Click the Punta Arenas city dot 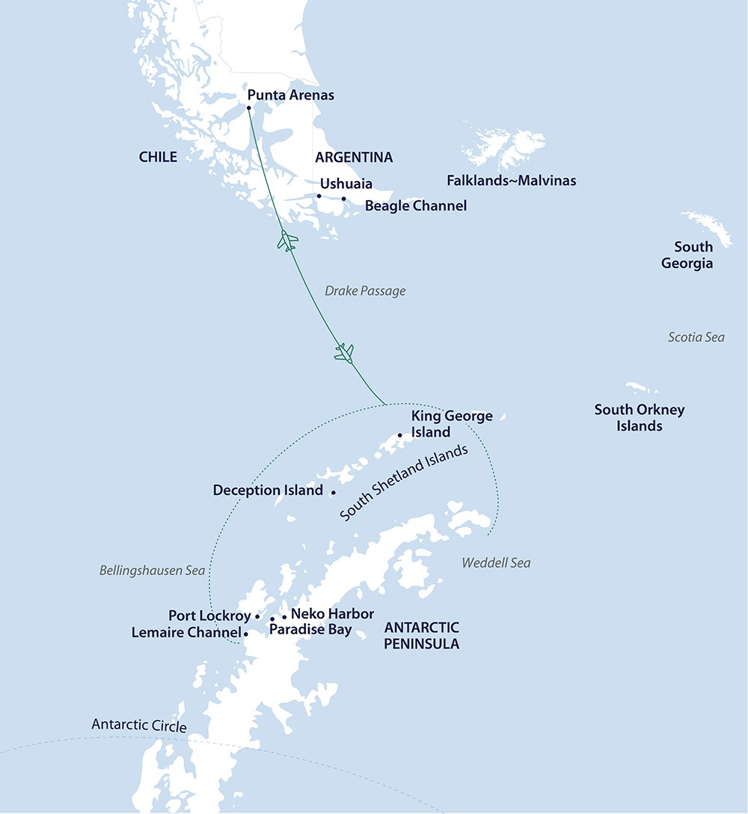point(249,108)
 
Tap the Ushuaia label point(346,184)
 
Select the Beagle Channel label point(415,205)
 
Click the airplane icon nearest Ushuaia point(287,241)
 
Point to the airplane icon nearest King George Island point(344,351)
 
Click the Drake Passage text point(365,291)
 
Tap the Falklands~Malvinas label point(511,180)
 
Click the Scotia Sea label point(696,338)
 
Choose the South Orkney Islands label point(639,418)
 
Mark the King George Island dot point(400,435)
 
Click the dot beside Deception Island point(333,492)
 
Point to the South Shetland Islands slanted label point(404,483)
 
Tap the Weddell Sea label point(496,562)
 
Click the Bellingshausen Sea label point(152,571)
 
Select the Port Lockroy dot point(257,616)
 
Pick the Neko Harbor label point(332,614)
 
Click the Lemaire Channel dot point(246,633)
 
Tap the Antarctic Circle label point(138,725)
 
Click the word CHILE point(158,157)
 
